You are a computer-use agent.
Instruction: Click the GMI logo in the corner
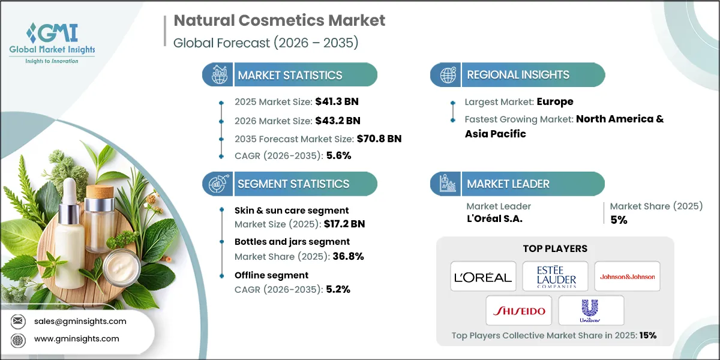click(x=52, y=41)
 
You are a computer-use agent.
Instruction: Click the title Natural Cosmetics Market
click(x=279, y=20)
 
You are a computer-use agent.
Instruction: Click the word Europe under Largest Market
click(x=555, y=101)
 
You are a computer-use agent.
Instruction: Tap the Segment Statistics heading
click(x=293, y=184)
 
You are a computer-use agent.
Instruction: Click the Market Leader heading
click(x=508, y=184)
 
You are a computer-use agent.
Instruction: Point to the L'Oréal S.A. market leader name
click(x=494, y=218)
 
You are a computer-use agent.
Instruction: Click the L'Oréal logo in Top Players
click(x=483, y=277)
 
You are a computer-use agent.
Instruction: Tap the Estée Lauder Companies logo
click(x=555, y=277)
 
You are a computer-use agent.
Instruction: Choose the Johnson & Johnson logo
click(x=627, y=277)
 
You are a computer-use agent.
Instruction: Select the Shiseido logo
click(x=519, y=311)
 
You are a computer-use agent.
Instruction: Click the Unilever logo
click(x=591, y=311)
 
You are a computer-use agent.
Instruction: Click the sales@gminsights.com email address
click(x=80, y=321)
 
